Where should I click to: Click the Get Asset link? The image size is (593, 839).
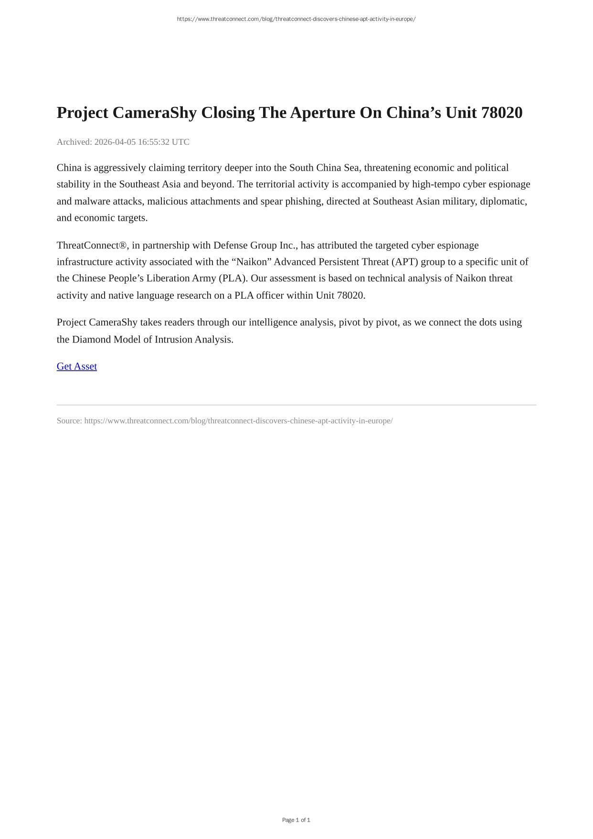point(76,366)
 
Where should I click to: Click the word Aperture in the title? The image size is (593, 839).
point(323,113)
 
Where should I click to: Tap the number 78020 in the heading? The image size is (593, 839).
point(502,113)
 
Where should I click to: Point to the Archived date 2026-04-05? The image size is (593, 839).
point(115,142)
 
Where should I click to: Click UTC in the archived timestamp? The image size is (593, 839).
point(180,142)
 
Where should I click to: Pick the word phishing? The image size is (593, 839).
point(303,201)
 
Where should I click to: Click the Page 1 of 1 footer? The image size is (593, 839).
point(296,820)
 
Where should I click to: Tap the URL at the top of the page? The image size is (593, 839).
point(296,19)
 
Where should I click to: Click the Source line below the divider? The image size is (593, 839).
point(224,421)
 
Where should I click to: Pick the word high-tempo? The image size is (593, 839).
point(436,184)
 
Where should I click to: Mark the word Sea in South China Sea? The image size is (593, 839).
point(352,168)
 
